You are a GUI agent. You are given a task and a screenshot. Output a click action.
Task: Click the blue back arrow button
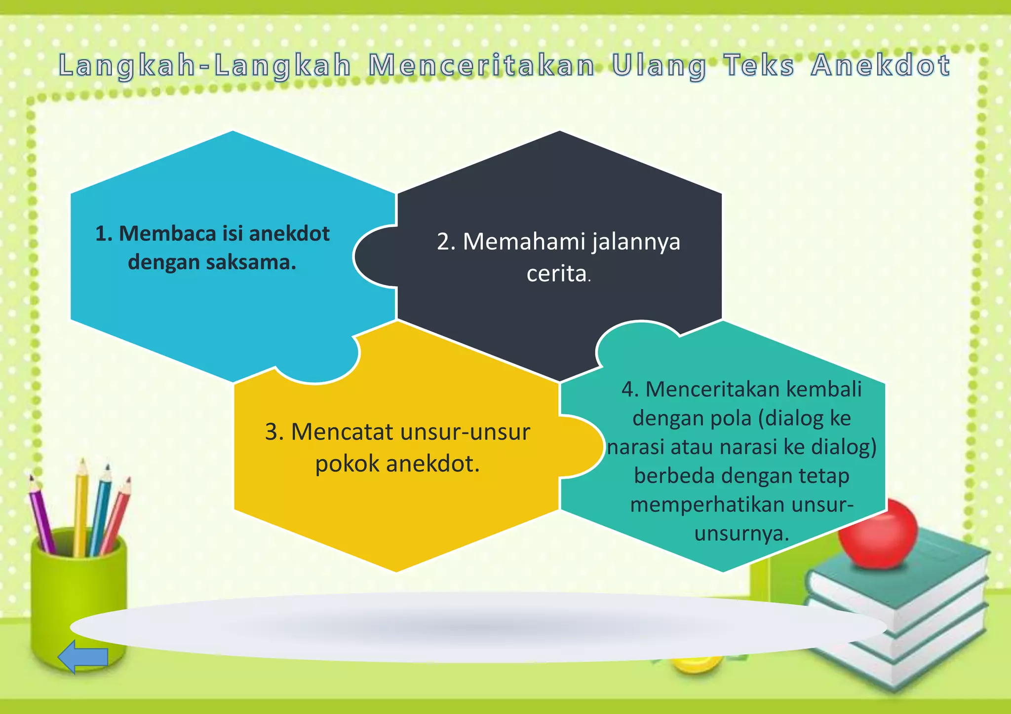click(x=82, y=656)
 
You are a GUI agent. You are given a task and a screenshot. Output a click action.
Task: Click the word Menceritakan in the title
click(x=481, y=66)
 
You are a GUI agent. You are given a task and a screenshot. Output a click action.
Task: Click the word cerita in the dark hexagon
click(x=556, y=274)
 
